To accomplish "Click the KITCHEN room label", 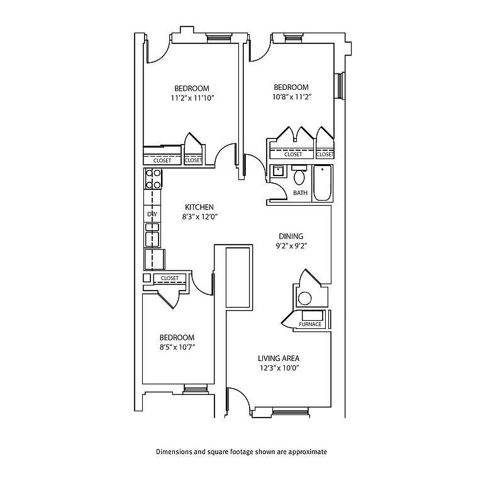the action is click(x=199, y=207).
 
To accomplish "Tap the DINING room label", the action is click(x=291, y=236).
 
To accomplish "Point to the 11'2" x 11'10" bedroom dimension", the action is click(x=192, y=98).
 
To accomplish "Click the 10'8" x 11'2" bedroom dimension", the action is click(x=291, y=97).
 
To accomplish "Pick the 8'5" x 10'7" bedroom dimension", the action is click(x=176, y=347).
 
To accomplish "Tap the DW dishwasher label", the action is click(x=152, y=214).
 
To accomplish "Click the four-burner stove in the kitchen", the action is click(x=153, y=179).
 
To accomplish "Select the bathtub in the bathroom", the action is click(x=322, y=183).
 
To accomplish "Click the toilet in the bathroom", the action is click(x=299, y=177).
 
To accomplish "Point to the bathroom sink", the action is click(x=277, y=170).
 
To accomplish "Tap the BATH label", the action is click(x=300, y=193).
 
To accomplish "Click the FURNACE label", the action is click(x=311, y=325).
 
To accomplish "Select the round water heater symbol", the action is click(x=305, y=298).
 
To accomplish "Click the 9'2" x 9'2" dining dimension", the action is click(x=291, y=247).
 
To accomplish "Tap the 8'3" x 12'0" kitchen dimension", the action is click(x=199, y=217).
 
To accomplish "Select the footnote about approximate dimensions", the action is click(x=241, y=452).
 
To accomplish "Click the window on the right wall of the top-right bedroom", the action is click(x=340, y=86).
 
